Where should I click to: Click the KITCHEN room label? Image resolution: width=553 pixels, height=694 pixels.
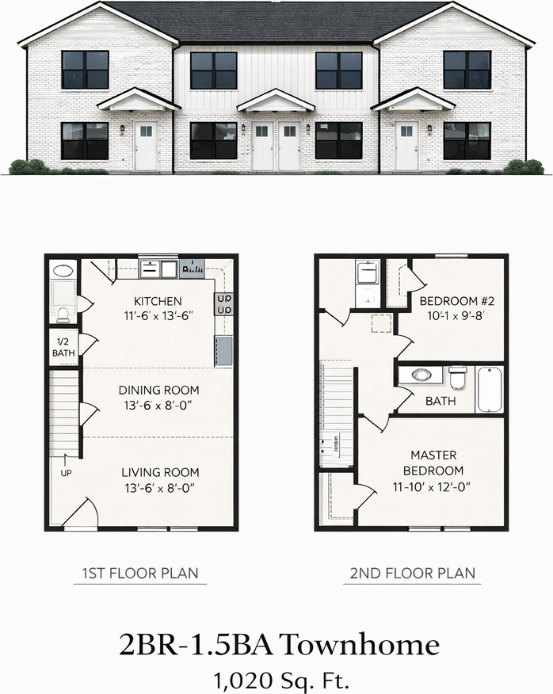158,301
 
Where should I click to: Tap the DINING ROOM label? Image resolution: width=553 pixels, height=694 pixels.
158,390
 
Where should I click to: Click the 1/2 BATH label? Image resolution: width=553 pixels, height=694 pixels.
63,347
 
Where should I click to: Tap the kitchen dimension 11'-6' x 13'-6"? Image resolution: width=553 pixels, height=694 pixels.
158,315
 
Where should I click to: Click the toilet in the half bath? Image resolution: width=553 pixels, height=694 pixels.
63,314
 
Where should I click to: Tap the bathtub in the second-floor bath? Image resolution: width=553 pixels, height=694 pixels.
490,388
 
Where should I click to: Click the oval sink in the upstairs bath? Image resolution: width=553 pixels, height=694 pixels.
418,375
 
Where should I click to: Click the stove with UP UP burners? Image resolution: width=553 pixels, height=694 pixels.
223,304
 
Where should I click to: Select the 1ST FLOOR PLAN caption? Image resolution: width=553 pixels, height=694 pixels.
140,573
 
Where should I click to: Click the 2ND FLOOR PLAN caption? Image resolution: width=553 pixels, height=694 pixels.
411,573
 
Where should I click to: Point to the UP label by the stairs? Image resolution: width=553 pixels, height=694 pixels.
66,473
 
